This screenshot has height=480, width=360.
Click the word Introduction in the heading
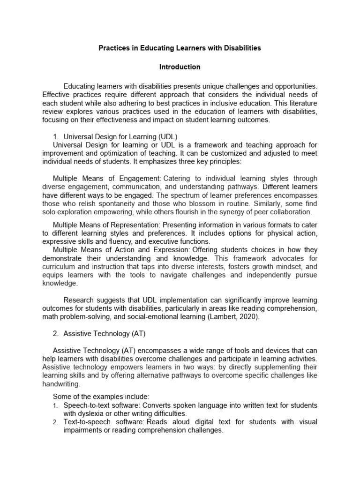180,67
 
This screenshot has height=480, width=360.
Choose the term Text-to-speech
83,422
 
